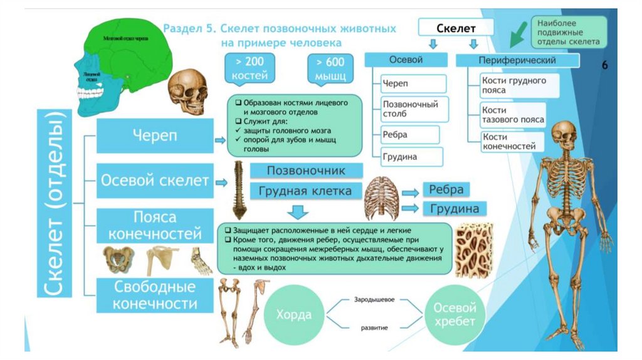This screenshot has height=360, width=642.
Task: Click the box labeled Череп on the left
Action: (154, 136)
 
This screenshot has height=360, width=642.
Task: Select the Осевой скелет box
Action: (154, 181)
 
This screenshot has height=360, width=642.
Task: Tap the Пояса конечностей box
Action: (154, 226)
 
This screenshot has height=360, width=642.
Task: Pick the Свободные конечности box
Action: (154, 295)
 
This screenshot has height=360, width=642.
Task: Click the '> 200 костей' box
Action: (251, 68)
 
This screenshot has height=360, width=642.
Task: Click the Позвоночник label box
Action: (306, 171)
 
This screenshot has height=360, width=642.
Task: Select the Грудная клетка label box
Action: (306, 191)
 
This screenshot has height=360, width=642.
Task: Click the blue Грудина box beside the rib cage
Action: (455, 208)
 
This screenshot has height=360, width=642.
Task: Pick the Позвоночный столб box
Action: (413, 109)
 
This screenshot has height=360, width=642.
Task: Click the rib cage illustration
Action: (381, 196)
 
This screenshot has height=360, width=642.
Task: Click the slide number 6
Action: (606, 65)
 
